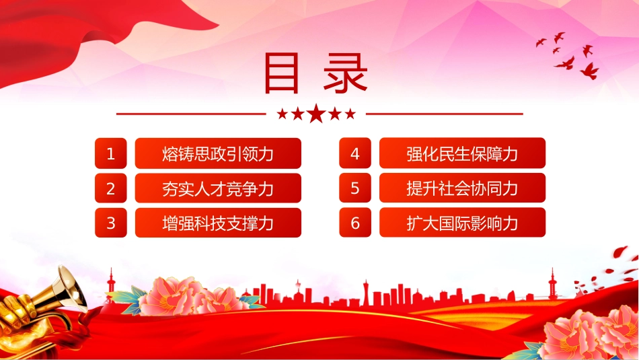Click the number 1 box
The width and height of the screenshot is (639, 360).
111,153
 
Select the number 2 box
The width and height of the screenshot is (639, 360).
111,188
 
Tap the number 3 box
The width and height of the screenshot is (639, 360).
111,223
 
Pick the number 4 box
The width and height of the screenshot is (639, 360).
355,153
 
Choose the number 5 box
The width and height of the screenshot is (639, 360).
355,188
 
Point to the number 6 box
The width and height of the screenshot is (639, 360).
355,223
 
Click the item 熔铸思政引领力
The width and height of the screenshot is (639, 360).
218,153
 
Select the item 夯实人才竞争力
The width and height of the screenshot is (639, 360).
218,188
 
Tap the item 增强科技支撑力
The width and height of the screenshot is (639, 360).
218,223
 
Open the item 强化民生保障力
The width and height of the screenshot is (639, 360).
462,153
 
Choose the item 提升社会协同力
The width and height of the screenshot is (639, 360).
462,188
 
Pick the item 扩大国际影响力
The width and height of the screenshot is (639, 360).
462,223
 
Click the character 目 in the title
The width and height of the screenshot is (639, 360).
282,73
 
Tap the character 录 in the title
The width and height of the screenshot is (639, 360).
346,73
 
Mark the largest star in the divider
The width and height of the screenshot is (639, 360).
316,113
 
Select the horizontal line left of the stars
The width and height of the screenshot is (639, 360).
191,114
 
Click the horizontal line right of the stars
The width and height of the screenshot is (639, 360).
444,114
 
